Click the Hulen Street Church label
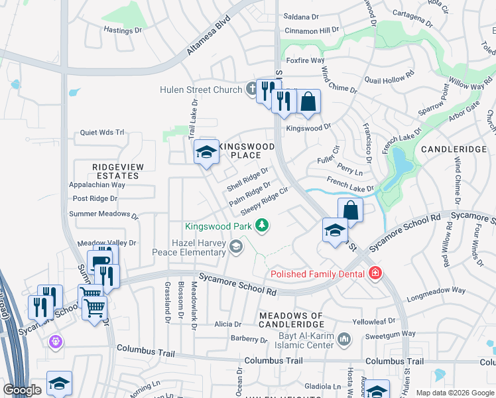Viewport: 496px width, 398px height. tap(201, 90)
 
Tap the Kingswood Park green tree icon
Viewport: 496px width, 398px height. tap(263, 226)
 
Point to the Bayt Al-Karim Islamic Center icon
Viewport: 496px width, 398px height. tap(343, 340)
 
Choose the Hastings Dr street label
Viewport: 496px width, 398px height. tap(123, 30)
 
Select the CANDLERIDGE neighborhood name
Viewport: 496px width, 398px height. tap(454, 149)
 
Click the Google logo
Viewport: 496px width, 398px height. tap(22, 390)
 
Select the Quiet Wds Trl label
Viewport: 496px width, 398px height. tap(102, 132)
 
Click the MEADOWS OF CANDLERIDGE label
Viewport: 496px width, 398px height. tap(291, 320)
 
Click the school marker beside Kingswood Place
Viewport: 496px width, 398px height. tap(206, 152)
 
